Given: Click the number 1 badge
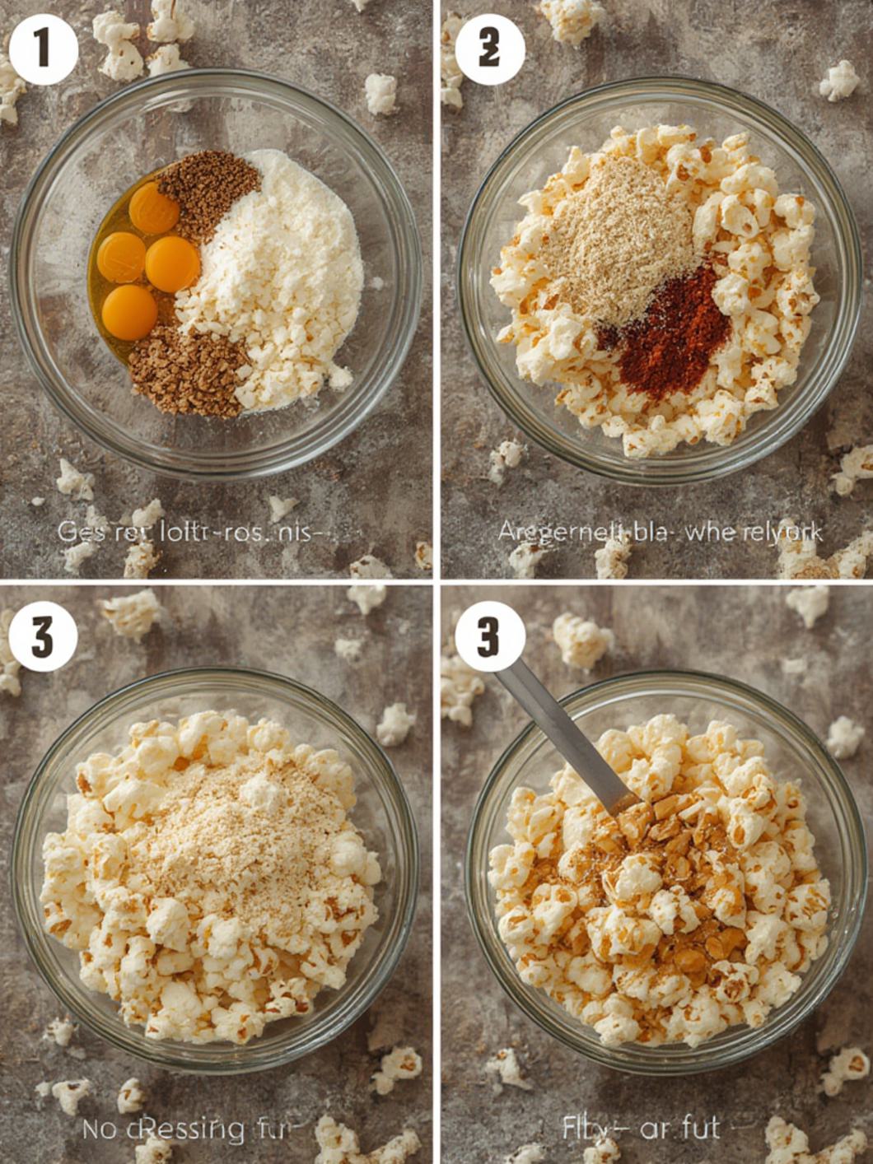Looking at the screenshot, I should click(x=43, y=49).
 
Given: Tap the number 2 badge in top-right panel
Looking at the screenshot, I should click(x=489, y=49).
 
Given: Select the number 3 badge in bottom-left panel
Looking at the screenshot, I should click(x=43, y=637).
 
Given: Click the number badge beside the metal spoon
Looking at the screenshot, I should click(x=489, y=637).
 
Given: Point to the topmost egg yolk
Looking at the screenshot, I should click(x=154, y=207).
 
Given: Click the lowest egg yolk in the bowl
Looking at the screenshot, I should click(x=129, y=313).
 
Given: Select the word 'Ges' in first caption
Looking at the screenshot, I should click(x=75, y=532).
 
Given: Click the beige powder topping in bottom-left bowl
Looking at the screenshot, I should click(x=239, y=831).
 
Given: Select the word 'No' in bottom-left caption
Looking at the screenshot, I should click(x=99, y=1129).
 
